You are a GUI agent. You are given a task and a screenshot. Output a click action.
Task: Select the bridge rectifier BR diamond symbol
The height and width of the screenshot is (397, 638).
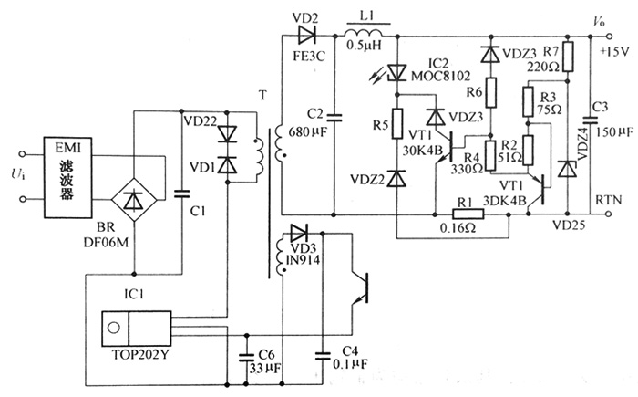pyautogui.click(x=134, y=196)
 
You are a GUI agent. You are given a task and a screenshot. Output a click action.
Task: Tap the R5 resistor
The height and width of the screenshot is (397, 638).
pyautogui.click(x=397, y=124)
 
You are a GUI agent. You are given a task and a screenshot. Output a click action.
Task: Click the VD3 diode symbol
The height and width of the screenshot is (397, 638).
pyautogui.click(x=299, y=232)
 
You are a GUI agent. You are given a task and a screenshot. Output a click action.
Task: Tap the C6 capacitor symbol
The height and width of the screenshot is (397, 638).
pyautogui.click(x=245, y=354)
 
